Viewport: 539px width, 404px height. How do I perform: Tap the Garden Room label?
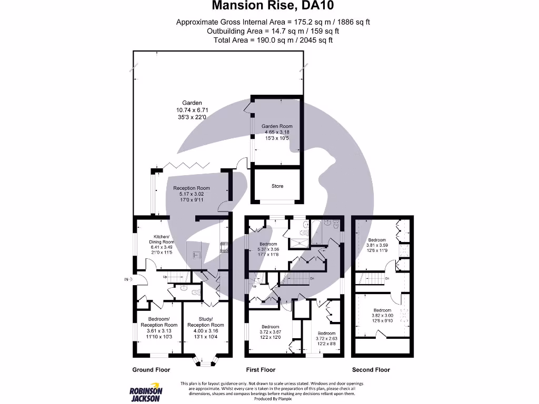(277, 126)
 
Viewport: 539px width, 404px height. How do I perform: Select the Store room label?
(277, 186)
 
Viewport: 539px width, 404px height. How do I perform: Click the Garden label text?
(192, 103)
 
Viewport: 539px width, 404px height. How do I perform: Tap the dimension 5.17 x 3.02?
(192, 194)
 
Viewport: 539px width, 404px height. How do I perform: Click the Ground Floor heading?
(151, 370)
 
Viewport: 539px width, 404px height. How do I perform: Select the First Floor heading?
(261, 370)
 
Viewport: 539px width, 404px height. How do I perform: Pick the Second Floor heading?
(371, 370)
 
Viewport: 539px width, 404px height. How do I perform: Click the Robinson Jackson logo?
(146, 394)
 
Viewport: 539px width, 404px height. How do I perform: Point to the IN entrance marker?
(126, 279)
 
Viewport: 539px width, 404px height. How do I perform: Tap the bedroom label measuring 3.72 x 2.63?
(326, 334)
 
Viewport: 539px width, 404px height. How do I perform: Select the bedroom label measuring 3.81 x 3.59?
(377, 240)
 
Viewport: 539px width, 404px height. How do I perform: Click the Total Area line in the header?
(269, 40)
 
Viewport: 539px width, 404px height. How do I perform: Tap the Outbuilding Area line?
(269, 31)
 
